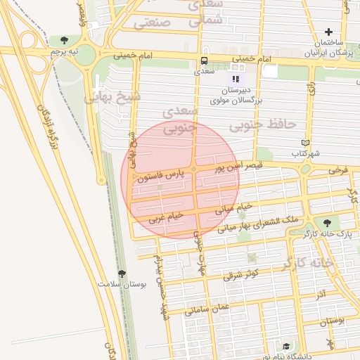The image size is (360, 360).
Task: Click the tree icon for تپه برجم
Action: coord(65,41)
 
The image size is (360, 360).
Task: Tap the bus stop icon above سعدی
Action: coord(204,60)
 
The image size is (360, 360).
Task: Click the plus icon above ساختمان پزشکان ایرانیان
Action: coord(328,32)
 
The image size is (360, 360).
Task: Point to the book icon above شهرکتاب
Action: coord(304,142)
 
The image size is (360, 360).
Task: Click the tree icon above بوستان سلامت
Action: coord(122,274)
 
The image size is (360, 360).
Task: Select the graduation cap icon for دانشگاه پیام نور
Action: coord(286,347)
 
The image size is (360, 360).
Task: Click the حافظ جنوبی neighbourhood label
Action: coord(269,124)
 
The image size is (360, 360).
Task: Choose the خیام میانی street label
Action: coord(232,207)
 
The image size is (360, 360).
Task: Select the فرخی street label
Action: coord(339,169)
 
